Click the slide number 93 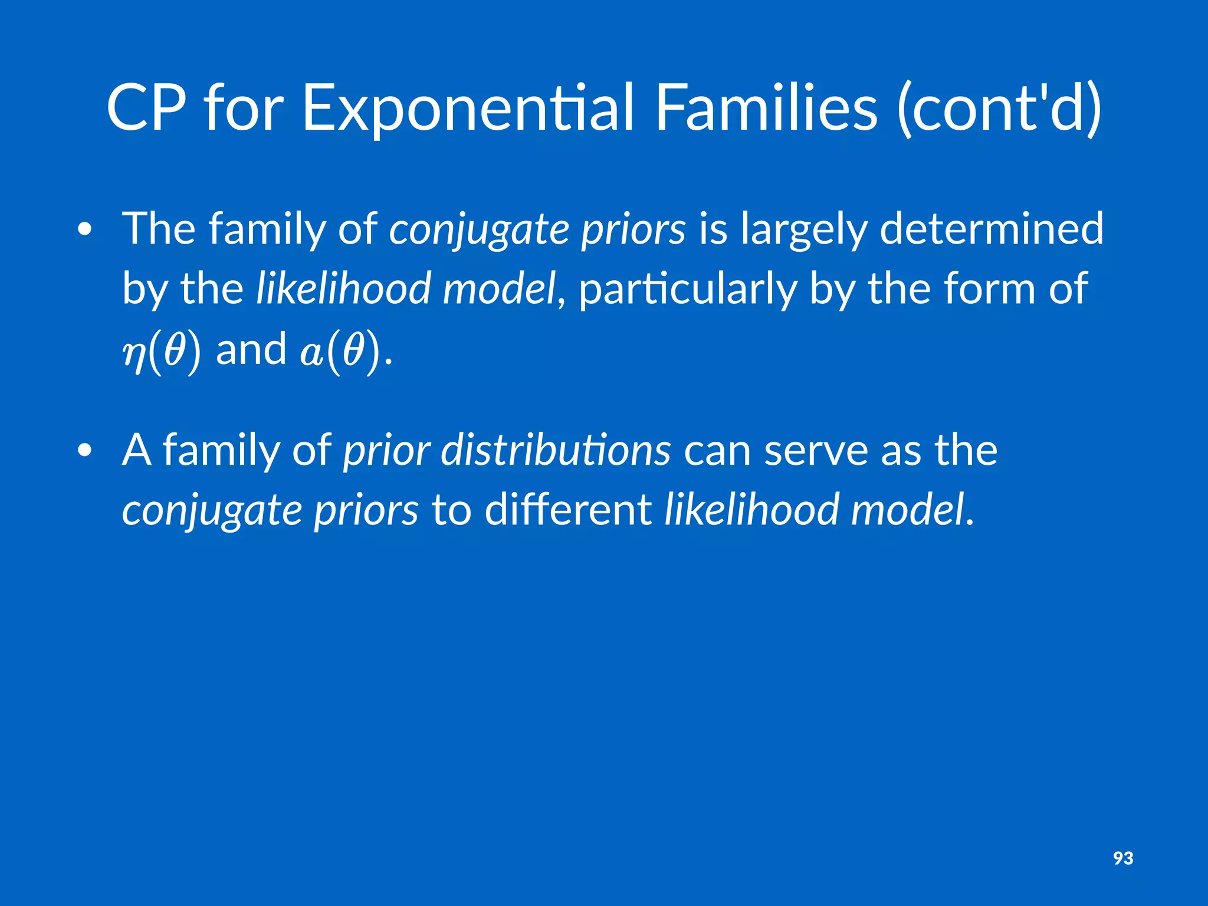(1123, 858)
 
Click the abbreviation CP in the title (146, 108)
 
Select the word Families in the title (766, 108)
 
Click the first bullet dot (85, 230)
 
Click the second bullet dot (85, 451)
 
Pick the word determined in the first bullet (991, 228)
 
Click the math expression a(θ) (339, 352)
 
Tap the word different (567, 510)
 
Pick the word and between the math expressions (251, 349)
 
